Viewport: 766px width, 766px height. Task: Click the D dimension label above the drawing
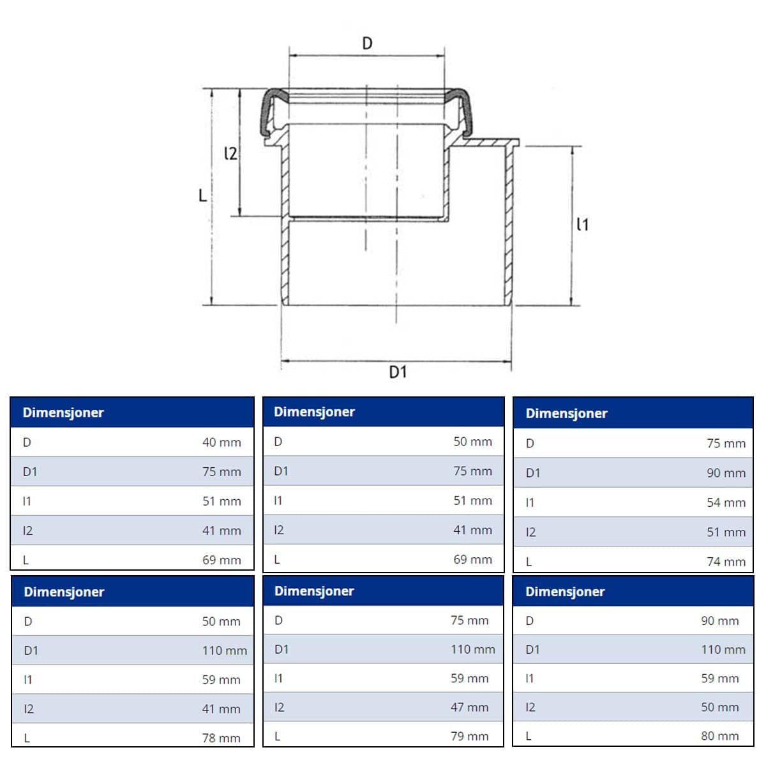(367, 43)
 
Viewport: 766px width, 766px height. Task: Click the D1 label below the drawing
(398, 372)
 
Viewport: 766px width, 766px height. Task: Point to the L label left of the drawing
(203, 195)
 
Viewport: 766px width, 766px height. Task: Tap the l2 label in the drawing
(231, 153)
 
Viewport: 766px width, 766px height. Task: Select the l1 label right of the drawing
(583, 225)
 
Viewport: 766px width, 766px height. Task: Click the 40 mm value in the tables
(222, 442)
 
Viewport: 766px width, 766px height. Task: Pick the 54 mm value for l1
(726, 502)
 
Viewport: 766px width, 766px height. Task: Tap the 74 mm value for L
(726, 562)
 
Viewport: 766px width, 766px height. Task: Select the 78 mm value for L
(221, 738)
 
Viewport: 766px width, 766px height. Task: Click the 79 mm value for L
(469, 736)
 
